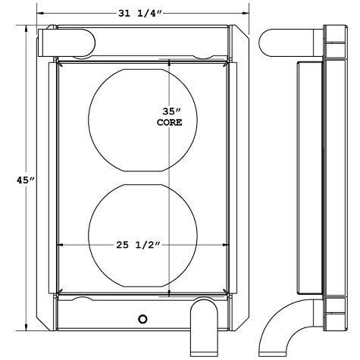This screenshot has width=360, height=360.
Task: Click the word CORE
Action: click(x=168, y=121)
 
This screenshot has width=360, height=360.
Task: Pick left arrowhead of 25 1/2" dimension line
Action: click(x=61, y=245)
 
